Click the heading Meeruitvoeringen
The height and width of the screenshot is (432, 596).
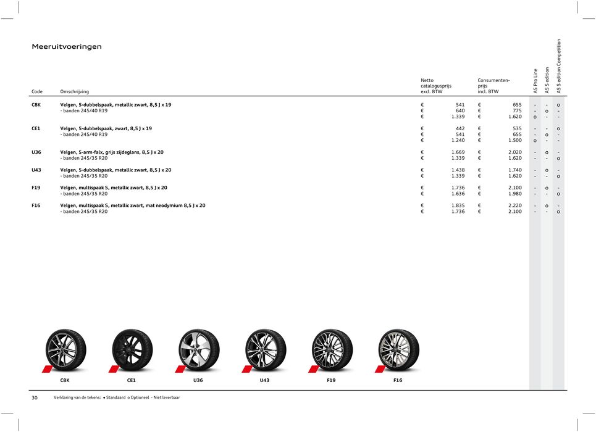[67, 47]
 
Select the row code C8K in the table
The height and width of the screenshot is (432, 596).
[36, 105]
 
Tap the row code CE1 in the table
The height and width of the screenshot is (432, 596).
[36, 128]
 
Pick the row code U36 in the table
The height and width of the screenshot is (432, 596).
[36, 152]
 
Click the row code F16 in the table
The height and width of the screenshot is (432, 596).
[36, 206]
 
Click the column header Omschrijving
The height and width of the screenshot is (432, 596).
[74, 92]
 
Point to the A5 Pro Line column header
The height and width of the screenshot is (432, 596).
[535, 80]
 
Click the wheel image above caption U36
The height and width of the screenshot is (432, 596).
[199, 349]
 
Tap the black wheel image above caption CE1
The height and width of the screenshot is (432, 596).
[132, 349]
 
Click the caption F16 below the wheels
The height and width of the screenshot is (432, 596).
[398, 381]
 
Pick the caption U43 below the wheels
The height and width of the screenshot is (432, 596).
[264, 381]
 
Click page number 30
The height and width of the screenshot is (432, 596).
[35, 397]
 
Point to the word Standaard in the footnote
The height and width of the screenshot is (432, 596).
[120, 398]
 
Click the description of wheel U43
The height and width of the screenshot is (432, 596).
[115, 170]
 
